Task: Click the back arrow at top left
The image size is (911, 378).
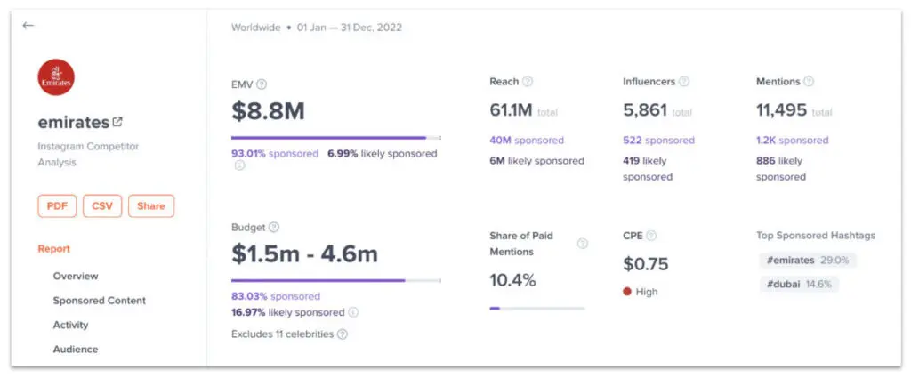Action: point(28,26)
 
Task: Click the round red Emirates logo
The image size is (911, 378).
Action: point(57,77)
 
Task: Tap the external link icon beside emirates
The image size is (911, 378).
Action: point(117,123)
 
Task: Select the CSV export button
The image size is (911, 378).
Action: point(102,205)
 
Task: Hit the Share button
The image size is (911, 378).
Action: point(151,205)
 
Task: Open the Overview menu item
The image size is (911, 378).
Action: point(76,276)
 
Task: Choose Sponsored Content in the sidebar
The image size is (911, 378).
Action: point(99,301)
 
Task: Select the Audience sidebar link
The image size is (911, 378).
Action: point(76,349)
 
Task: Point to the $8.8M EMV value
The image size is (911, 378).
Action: point(268,110)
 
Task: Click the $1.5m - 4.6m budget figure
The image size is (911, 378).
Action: point(304,253)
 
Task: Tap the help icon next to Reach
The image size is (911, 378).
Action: point(528,82)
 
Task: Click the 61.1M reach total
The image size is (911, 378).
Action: point(511,110)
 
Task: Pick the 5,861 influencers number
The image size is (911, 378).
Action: point(644,110)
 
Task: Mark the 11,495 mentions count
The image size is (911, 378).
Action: point(781,110)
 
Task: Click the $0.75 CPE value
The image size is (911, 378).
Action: point(645,264)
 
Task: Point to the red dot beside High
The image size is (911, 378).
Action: point(626,292)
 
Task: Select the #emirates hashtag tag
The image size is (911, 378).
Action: point(807,261)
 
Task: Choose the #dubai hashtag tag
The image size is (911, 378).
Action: point(797,284)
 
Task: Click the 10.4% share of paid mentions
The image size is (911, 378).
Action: point(512,280)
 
